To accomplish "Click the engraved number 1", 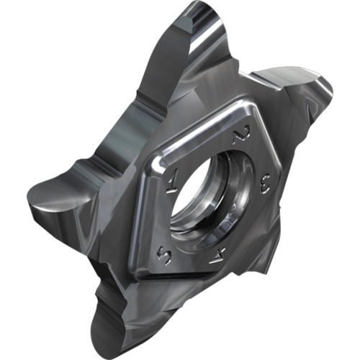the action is (x=172, y=181).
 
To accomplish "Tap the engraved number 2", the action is (x=241, y=135).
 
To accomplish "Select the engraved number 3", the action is (x=266, y=184).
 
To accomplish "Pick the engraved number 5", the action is (x=164, y=257).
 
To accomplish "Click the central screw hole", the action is (x=211, y=194).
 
